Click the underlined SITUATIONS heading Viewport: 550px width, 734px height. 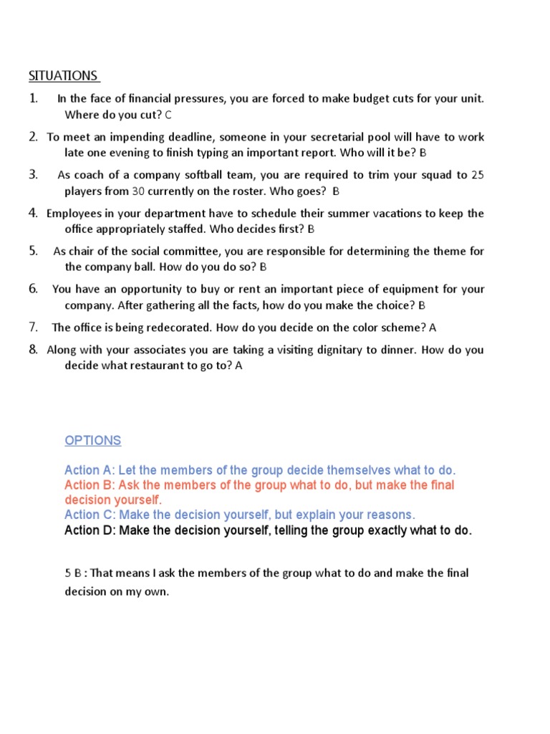[63, 75]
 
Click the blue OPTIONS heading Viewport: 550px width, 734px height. [92, 440]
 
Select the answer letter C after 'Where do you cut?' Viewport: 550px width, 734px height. [168, 115]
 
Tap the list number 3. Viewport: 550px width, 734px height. [33, 175]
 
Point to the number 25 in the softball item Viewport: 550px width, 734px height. [478, 175]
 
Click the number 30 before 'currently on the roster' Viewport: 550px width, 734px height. [139, 191]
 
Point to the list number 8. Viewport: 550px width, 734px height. [33, 351]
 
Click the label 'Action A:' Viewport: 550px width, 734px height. [90, 470]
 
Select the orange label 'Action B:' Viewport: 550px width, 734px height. [90, 485]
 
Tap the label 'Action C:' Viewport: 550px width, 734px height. [90, 515]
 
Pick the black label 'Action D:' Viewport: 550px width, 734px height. [90, 530]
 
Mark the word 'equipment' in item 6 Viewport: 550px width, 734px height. [397, 290]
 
